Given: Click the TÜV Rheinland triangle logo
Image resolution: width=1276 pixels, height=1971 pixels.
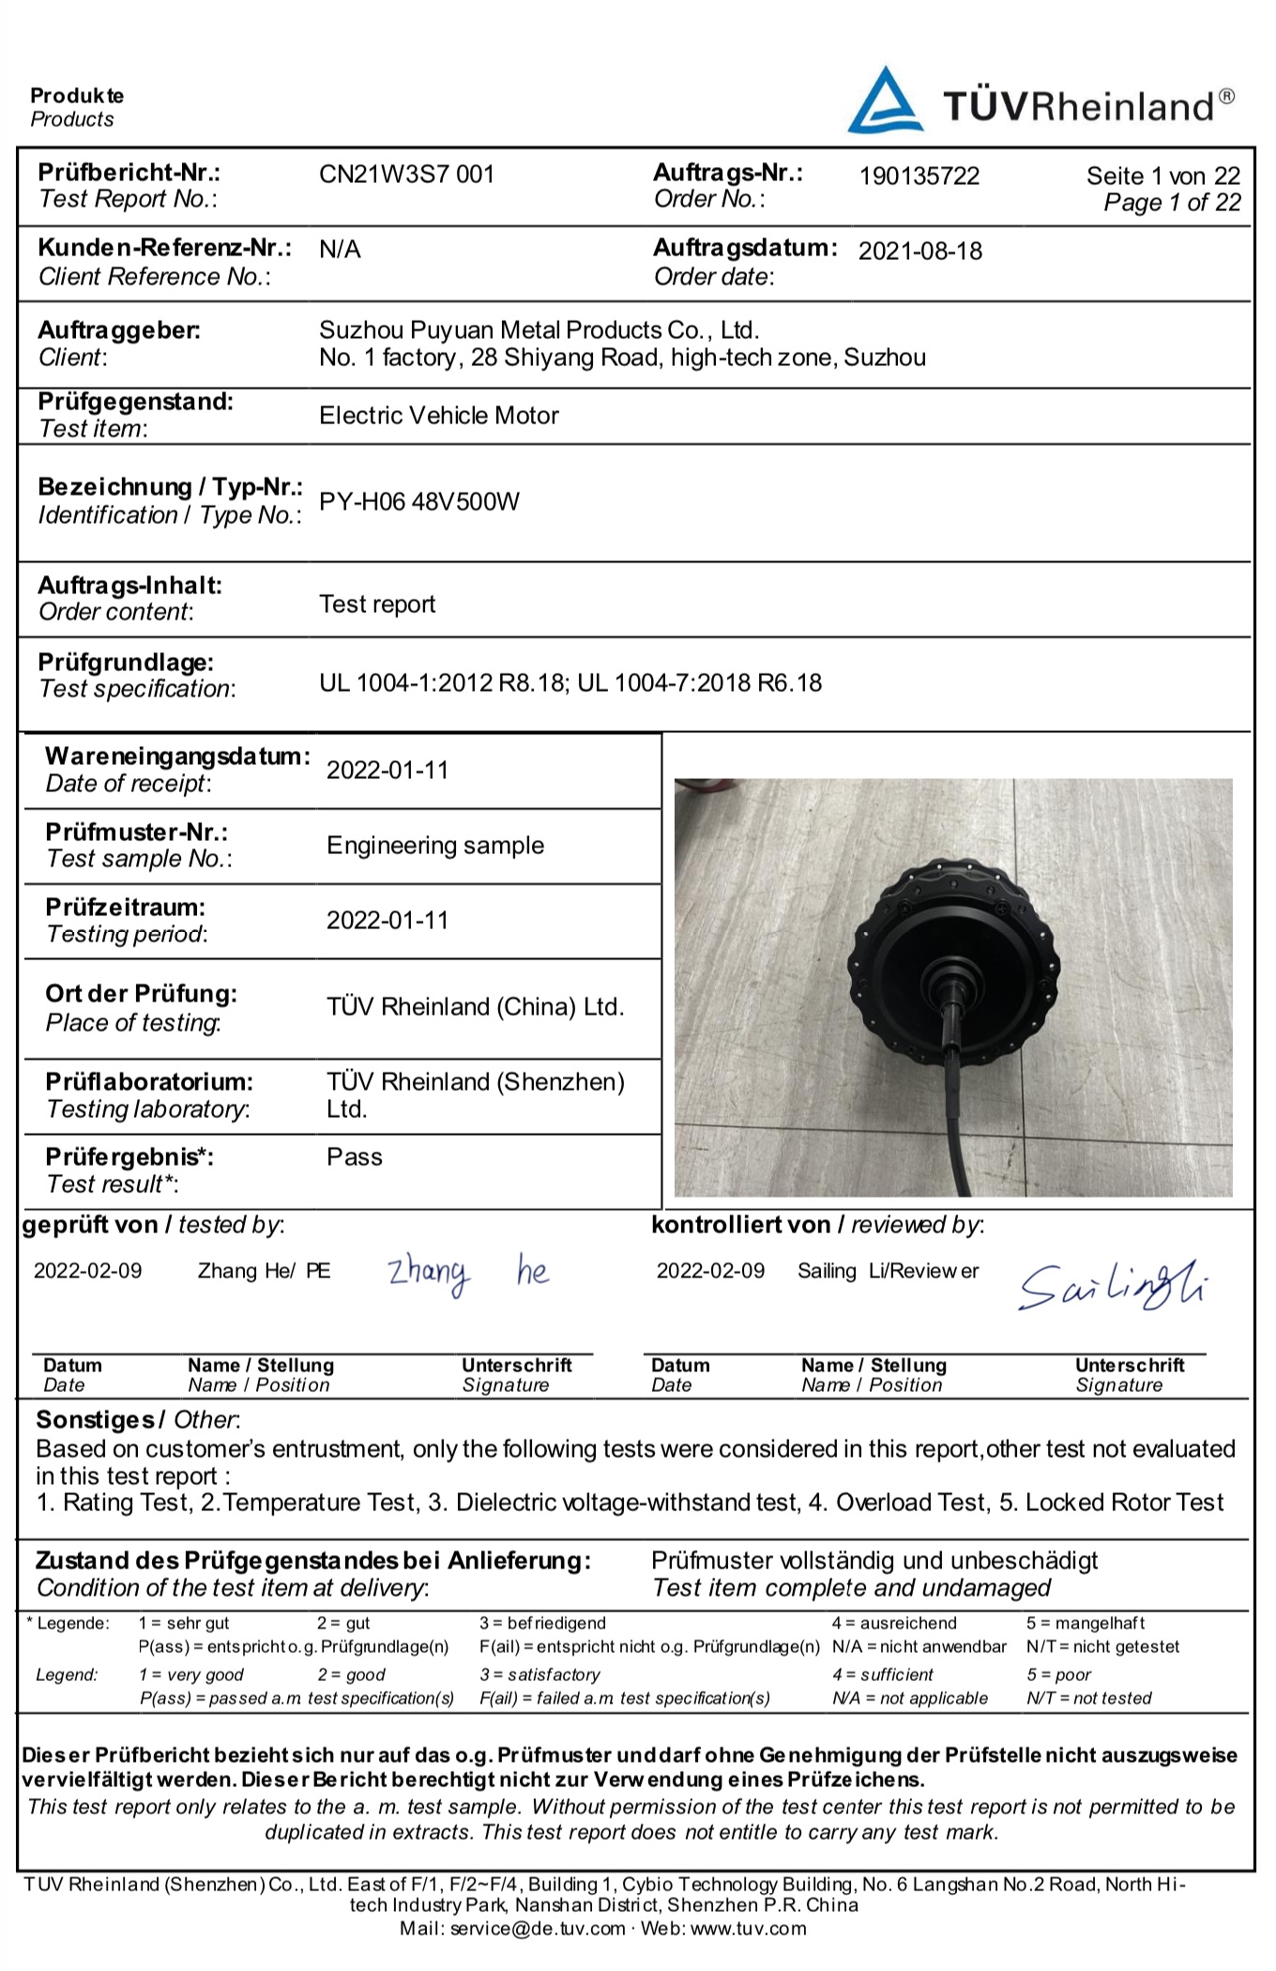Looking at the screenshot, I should coord(884,101).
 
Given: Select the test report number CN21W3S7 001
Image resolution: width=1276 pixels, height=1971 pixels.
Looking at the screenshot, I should coord(406,175).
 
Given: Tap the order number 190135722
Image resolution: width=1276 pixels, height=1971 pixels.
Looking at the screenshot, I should coord(919,176).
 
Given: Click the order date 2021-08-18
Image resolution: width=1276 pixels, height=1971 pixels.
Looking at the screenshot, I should coord(919,252).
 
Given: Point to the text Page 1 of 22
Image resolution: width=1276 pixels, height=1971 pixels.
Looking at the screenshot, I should coord(1172,203).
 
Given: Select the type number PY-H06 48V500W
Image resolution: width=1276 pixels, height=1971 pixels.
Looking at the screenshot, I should coord(418,502).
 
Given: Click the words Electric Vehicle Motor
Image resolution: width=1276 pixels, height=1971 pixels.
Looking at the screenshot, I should coord(438,416).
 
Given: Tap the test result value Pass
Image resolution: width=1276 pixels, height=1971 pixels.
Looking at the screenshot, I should coord(354,1157).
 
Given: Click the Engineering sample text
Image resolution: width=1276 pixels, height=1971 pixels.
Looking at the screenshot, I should coord(434,846).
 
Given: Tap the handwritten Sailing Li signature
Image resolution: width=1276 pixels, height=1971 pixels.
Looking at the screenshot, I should coord(1114,1286).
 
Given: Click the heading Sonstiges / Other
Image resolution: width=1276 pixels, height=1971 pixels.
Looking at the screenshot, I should coord(138,1420).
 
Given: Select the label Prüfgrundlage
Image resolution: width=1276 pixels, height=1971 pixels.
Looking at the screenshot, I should coord(126,663).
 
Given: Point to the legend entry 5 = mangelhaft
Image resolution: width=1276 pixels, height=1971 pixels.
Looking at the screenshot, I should coord(1085,1623).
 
